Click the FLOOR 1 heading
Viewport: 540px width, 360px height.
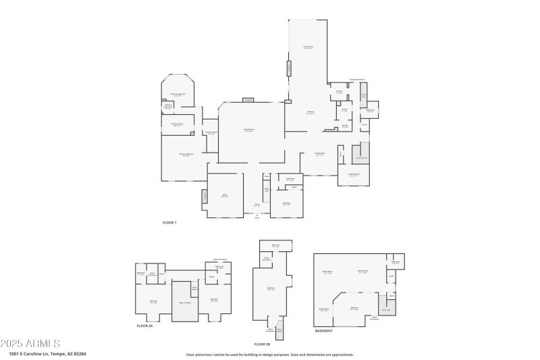click(169, 222)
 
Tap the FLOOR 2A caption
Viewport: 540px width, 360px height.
click(145, 326)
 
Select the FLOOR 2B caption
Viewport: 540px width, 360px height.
click(263, 344)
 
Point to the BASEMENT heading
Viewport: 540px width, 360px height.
click(324, 331)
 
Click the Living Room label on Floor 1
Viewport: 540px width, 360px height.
click(308, 48)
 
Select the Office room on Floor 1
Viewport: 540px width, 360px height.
click(224, 196)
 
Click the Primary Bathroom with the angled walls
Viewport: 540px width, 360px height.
click(178, 95)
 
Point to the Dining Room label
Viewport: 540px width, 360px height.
click(320, 154)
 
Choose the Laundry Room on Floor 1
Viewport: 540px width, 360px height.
click(353, 174)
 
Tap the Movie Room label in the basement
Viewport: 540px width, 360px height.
click(328, 272)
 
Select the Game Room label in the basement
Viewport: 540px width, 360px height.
click(324, 309)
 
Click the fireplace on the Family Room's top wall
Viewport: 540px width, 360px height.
click(248, 100)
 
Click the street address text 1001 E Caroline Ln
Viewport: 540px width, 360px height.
click(48, 353)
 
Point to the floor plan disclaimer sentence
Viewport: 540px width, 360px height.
click(269, 354)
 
